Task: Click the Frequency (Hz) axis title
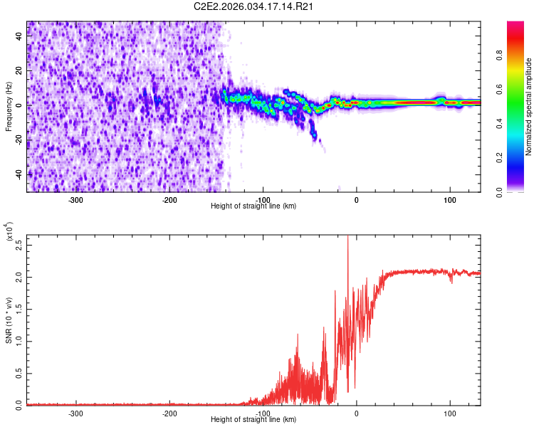click(x=9, y=107)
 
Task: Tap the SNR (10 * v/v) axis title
click(x=9, y=320)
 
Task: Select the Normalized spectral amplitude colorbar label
click(x=529, y=107)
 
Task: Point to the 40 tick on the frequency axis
click(x=19, y=38)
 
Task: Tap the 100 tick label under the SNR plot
click(x=450, y=413)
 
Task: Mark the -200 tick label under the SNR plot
click(x=169, y=413)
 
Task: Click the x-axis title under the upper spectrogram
click(x=254, y=206)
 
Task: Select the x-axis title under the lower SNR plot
click(x=254, y=420)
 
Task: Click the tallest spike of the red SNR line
click(x=347, y=238)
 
